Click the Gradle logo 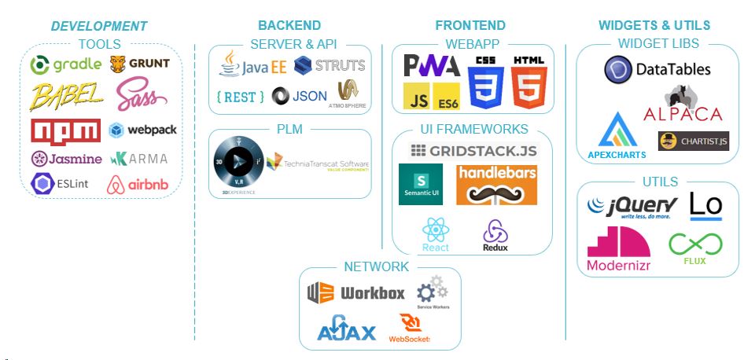coord(64,64)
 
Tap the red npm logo coord(66,130)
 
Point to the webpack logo coord(138,130)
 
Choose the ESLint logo coord(62,184)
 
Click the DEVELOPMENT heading coord(99,26)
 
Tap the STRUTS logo coord(330,65)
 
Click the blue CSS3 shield coord(485,82)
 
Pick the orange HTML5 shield coord(528,82)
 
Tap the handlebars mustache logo coord(496,184)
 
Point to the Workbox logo coord(356,293)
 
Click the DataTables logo coord(657,69)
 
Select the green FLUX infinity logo coord(694,248)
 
